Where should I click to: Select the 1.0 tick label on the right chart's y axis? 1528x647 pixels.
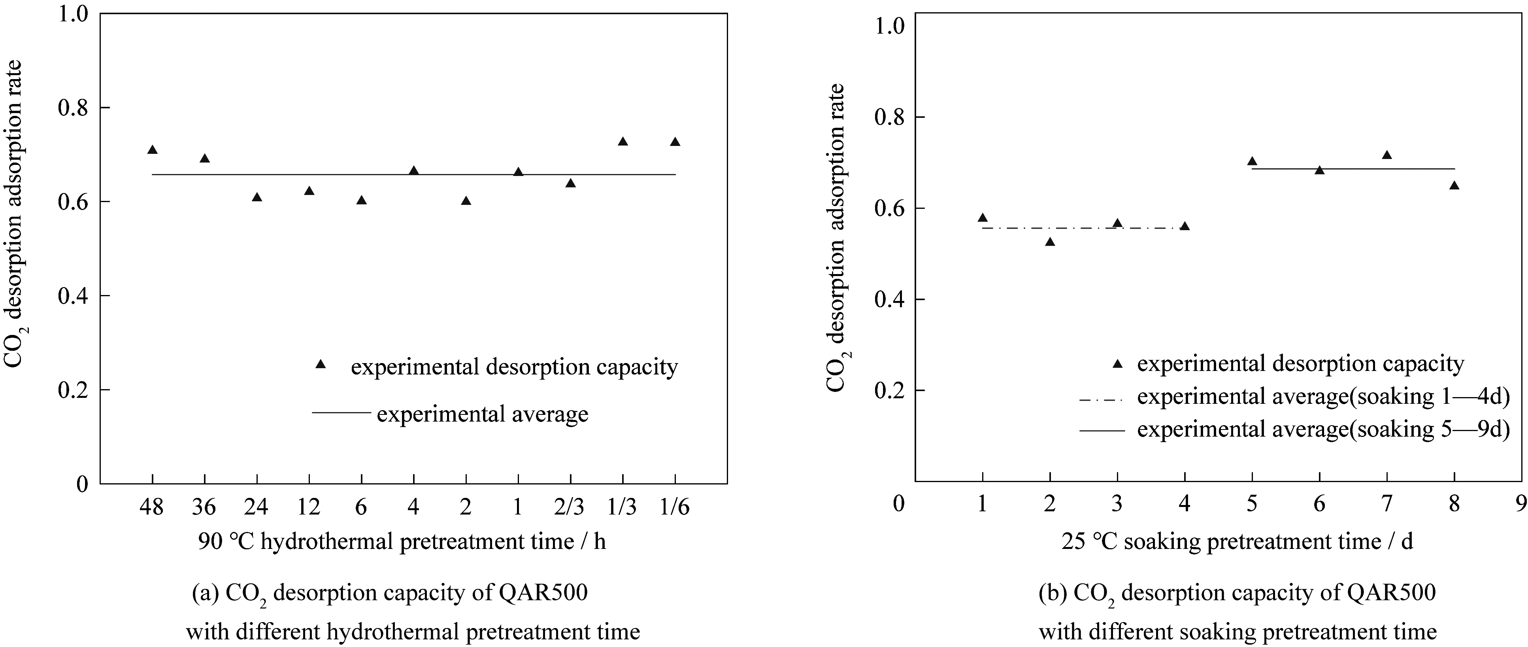tap(890, 27)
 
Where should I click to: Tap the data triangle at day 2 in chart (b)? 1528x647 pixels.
tap(1050, 242)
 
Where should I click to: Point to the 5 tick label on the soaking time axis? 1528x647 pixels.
tap(1252, 505)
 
